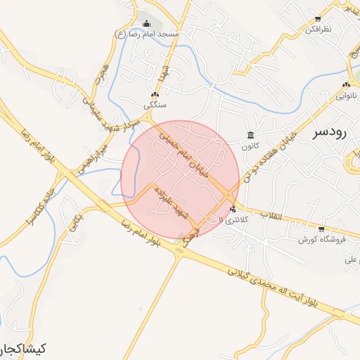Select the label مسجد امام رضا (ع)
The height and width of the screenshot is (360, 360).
(148, 33)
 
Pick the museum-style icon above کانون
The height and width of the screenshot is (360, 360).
(250, 136)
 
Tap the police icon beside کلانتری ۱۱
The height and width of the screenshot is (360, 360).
(233, 208)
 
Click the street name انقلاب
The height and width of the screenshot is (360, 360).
(270, 214)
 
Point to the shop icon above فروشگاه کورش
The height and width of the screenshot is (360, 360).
(321, 229)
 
